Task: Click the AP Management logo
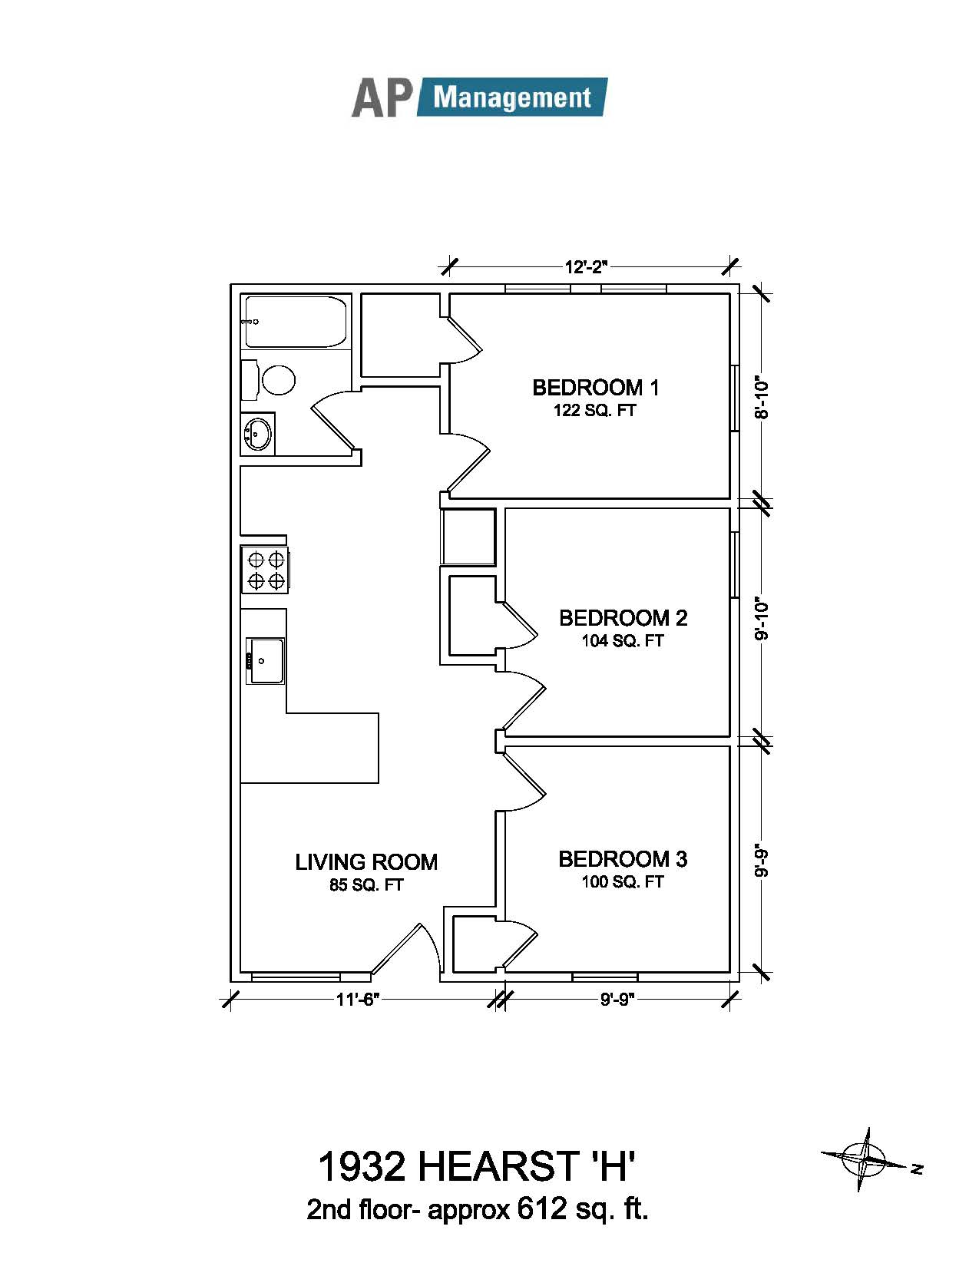pyautogui.click(x=479, y=98)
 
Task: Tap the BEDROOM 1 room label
pyautogui.click(x=596, y=388)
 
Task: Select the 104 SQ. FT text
pyautogui.click(x=623, y=640)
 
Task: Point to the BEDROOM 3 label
pyautogui.click(x=623, y=859)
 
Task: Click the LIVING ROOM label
pyautogui.click(x=366, y=862)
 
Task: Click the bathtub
pyautogui.click(x=295, y=322)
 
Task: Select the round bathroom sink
pyautogui.click(x=258, y=433)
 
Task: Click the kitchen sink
pyautogui.click(x=265, y=661)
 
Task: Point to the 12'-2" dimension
pyautogui.click(x=586, y=267)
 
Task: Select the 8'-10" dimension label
pyautogui.click(x=762, y=397)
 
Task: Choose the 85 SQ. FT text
pyautogui.click(x=366, y=885)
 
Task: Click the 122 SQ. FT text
pyautogui.click(x=595, y=411)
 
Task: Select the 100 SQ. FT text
pyautogui.click(x=623, y=882)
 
